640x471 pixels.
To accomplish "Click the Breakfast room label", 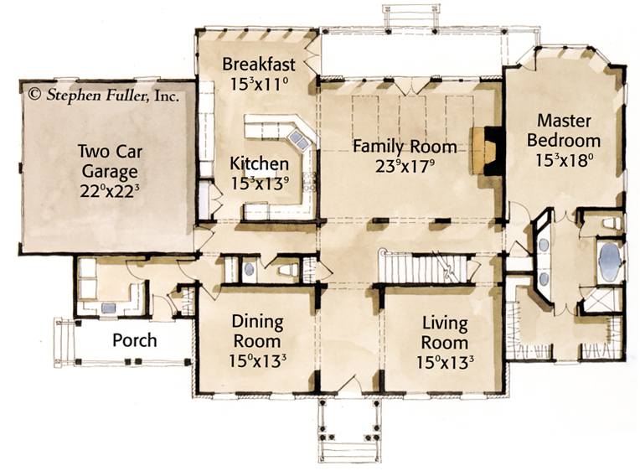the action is (259, 65).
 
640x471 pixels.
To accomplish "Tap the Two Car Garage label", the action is (110, 162).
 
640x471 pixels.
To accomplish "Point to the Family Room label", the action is (405, 146).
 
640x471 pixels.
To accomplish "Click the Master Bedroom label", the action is (564, 130).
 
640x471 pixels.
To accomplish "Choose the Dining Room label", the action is (257, 331).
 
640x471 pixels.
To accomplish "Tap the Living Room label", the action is (445, 333).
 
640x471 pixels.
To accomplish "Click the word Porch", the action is (135, 340).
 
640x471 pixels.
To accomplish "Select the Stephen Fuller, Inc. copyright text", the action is (103, 96).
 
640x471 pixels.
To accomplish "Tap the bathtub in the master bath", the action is (610, 262).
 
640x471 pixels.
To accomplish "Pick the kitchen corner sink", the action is (298, 139).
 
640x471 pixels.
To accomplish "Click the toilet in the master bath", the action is (611, 223).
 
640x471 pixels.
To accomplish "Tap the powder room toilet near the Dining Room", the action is (289, 270).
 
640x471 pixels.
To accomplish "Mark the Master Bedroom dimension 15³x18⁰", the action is (564, 160).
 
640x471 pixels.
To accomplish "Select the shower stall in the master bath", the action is (601, 299).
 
